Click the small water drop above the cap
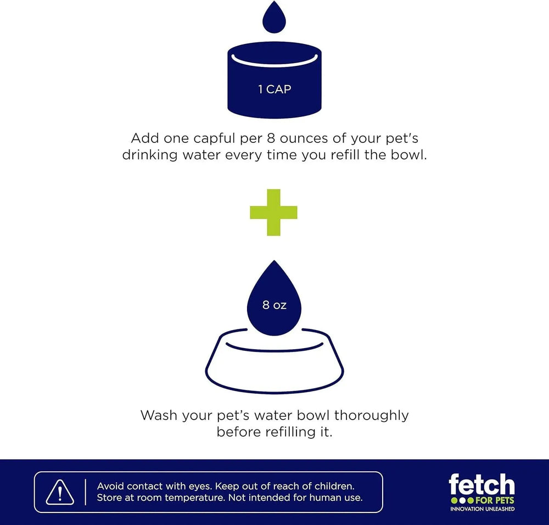click(x=274, y=18)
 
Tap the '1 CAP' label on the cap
click(x=274, y=90)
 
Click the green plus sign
click(x=274, y=212)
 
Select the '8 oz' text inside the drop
click(x=274, y=305)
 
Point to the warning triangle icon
click(x=60, y=492)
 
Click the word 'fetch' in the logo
click(x=482, y=484)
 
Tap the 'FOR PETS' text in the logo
click(x=495, y=500)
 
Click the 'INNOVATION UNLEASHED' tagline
click(x=483, y=509)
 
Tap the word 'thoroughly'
click(x=372, y=416)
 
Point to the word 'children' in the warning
click(x=334, y=486)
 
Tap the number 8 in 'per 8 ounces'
click(x=271, y=138)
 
